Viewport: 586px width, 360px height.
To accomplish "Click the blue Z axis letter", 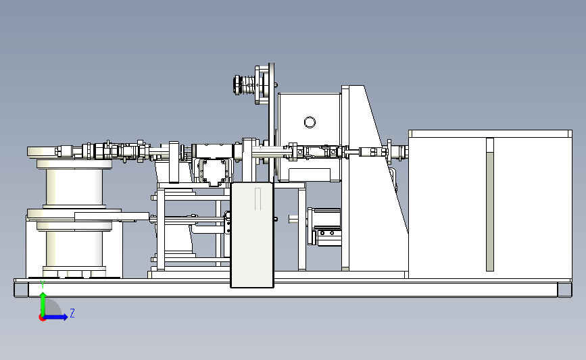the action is [x=72, y=313].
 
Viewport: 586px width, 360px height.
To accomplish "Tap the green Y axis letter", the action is [x=43, y=284].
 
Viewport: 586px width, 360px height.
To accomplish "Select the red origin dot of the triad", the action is [x=42, y=318].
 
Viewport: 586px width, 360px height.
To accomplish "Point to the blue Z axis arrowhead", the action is [x=65, y=317].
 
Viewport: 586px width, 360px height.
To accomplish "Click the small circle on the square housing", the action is [x=310, y=122].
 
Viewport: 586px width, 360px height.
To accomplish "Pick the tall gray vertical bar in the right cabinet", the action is [x=490, y=205].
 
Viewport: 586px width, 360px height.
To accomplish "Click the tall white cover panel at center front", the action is [x=252, y=235].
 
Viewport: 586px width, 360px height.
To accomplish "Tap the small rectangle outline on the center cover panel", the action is [x=258, y=199].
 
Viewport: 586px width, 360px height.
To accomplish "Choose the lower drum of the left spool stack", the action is [x=74, y=249].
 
